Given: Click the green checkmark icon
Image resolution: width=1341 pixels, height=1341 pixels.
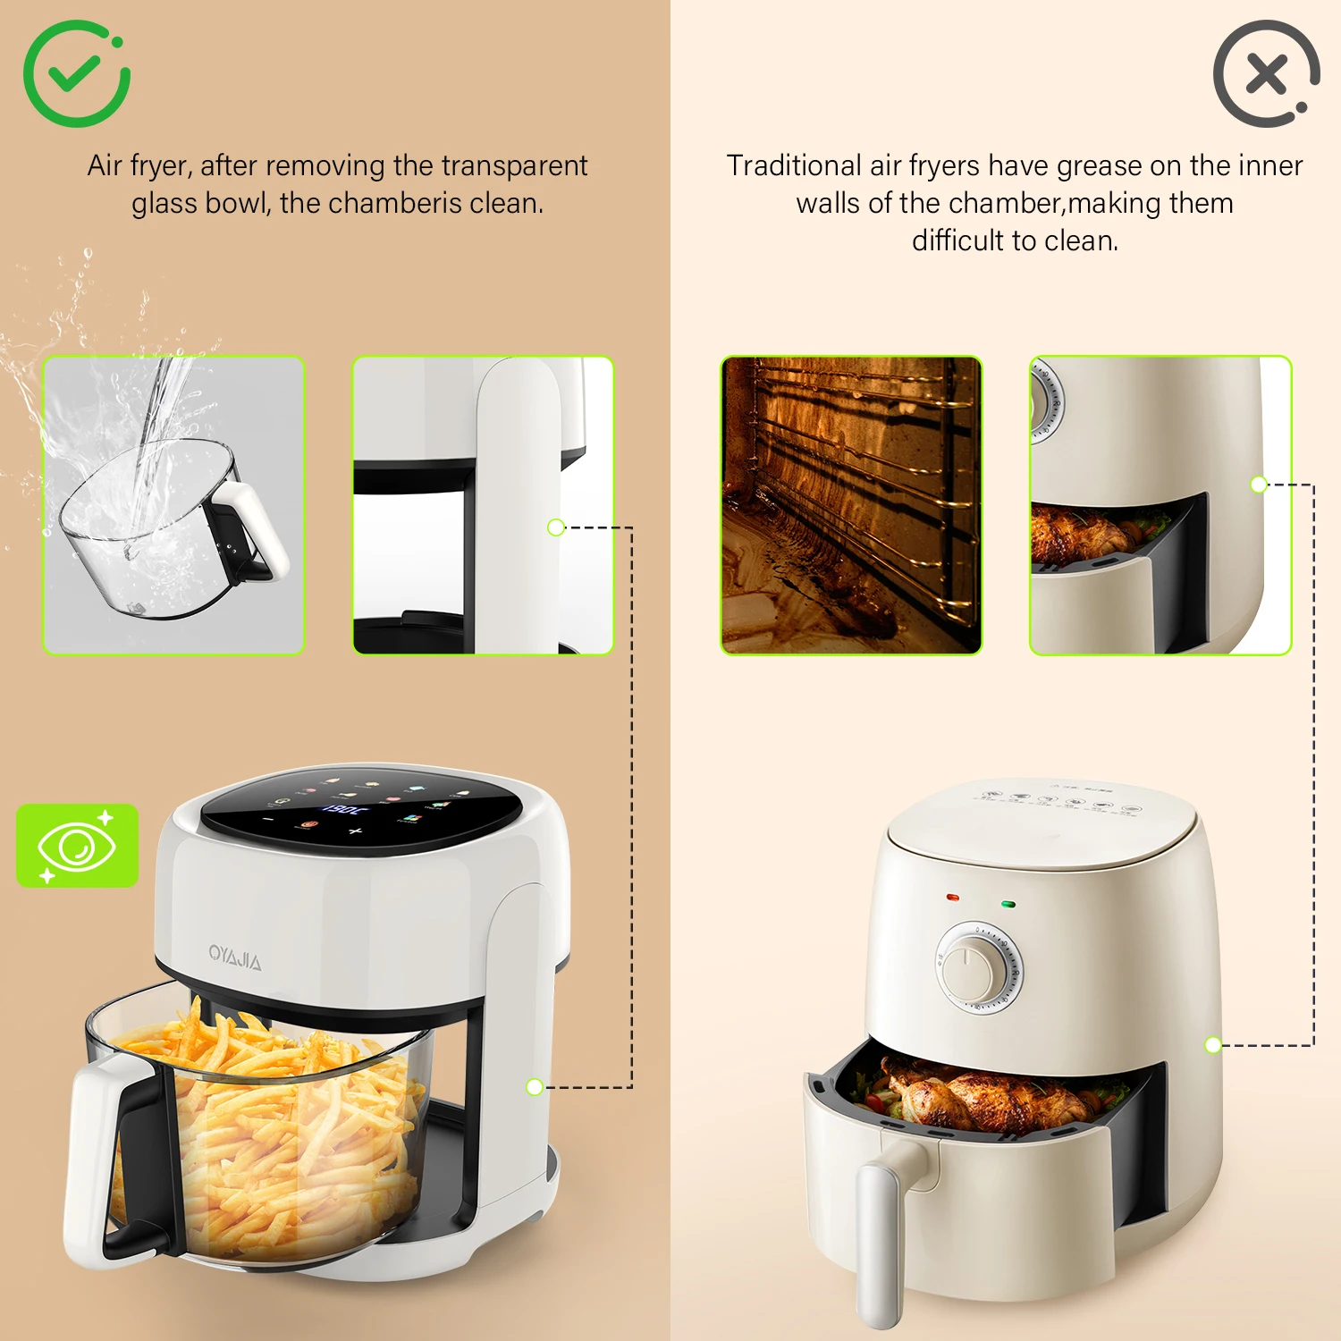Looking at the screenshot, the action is [76, 73].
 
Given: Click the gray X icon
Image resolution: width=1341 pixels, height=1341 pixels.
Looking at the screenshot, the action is [1266, 73].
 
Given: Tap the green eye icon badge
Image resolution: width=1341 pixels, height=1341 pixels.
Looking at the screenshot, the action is [77, 845].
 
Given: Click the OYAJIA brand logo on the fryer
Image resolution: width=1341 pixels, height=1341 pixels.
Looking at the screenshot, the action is [235, 957].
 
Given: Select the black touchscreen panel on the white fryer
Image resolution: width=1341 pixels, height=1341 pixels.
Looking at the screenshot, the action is [361, 809].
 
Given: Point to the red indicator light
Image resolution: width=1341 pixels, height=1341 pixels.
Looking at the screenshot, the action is [952, 897].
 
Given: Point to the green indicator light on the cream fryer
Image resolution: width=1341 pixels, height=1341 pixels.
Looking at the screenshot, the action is [1008, 904].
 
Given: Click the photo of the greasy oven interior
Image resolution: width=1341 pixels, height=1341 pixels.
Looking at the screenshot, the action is [851, 505].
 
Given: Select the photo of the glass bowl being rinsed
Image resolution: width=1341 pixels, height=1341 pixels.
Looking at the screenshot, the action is [174, 505].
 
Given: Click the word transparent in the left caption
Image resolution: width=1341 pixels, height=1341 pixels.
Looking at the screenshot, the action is [514, 166].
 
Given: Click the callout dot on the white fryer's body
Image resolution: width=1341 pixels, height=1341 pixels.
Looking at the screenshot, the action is [535, 1087].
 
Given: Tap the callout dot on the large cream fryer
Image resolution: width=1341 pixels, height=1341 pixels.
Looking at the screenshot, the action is [1213, 1044].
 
